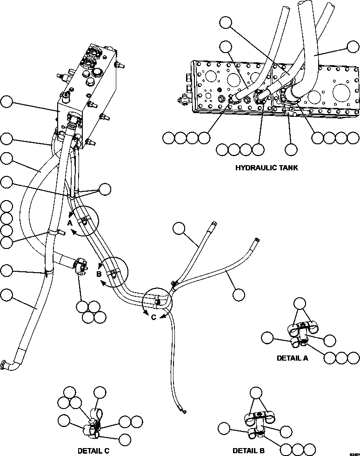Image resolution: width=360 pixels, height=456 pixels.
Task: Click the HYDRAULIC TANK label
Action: (x=267, y=168)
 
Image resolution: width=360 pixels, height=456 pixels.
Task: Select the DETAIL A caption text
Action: (x=292, y=358)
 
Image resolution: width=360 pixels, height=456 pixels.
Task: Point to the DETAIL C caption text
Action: (x=93, y=450)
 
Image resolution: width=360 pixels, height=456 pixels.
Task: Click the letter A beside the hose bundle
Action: (x=70, y=223)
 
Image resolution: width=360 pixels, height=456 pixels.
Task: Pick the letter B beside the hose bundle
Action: (x=99, y=274)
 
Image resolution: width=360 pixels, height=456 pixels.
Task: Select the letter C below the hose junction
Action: (x=153, y=317)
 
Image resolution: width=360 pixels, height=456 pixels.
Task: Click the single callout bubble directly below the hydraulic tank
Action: (x=291, y=149)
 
